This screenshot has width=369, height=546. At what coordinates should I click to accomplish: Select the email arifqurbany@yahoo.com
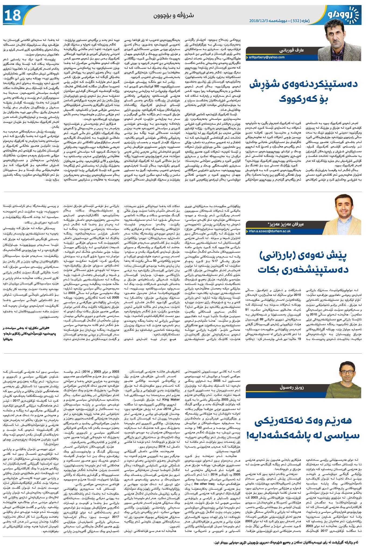pyautogui.click(x=267, y=57)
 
